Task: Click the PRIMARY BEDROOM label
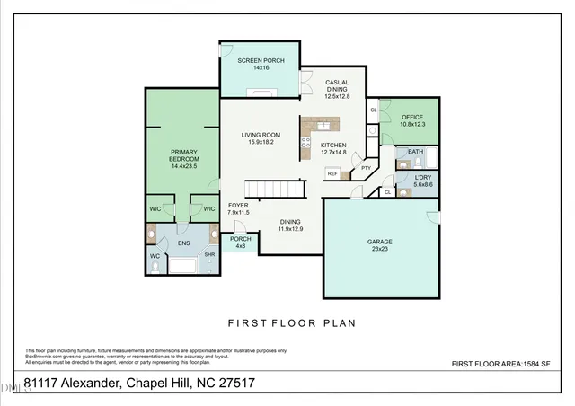(183, 157)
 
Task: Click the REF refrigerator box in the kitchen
(332, 174)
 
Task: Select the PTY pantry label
(366, 168)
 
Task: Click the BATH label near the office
(414, 152)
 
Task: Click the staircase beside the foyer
(278, 189)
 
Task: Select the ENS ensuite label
(183, 243)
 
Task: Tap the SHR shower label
(209, 254)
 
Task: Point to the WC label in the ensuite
(155, 255)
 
